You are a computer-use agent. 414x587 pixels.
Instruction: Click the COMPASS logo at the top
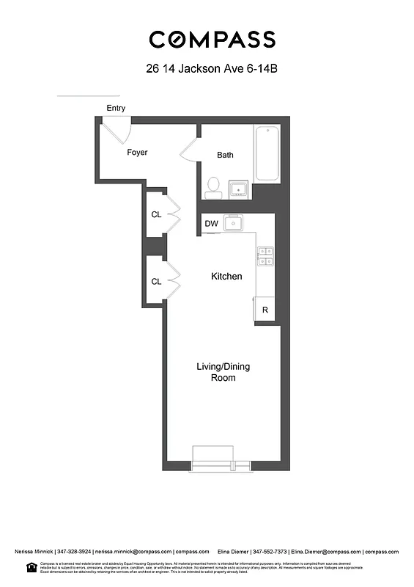212,40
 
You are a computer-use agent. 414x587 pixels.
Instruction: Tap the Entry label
116,108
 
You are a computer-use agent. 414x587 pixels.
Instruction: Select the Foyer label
137,153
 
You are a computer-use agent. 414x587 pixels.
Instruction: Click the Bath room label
225,155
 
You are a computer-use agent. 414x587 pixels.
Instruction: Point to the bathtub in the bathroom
267,154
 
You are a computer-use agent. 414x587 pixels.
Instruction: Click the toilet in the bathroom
214,187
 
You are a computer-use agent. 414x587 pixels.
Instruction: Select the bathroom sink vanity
239,189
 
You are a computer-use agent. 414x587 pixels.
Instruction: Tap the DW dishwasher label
211,223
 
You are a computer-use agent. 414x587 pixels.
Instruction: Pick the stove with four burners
265,256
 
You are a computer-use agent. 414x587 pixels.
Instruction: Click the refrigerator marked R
265,310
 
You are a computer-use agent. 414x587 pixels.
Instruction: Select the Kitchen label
226,277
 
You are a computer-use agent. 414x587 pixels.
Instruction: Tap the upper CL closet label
156,215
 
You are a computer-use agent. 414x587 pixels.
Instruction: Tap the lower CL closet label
156,281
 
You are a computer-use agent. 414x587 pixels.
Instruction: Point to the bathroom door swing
189,151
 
